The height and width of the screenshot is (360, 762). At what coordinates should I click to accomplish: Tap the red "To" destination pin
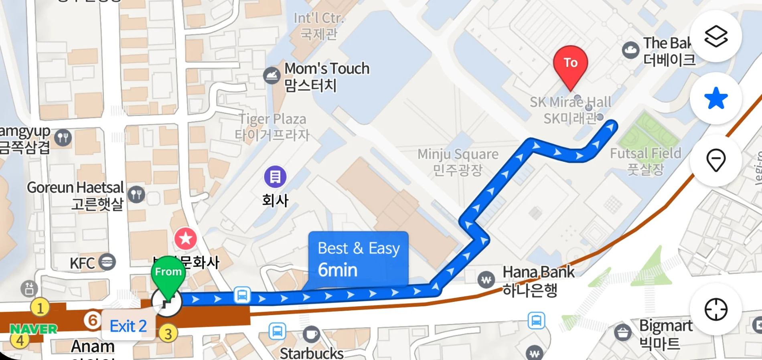(570, 64)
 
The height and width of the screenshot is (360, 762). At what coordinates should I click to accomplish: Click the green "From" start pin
(168, 273)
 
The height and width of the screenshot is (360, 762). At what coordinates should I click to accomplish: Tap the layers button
(716, 36)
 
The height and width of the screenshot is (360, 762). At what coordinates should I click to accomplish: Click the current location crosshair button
(716, 309)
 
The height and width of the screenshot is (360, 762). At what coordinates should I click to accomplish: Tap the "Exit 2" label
(128, 326)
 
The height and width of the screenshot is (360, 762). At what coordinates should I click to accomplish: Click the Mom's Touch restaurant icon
(272, 75)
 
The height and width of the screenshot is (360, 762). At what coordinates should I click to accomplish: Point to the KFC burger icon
(107, 262)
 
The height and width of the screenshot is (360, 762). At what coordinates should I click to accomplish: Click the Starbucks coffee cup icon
(311, 334)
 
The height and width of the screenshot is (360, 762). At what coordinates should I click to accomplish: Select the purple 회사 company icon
(275, 176)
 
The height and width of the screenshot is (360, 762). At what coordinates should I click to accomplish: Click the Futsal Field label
(645, 160)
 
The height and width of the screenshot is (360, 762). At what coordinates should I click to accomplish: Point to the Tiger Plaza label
(272, 127)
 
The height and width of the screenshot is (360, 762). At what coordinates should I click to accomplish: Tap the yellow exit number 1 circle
(40, 308)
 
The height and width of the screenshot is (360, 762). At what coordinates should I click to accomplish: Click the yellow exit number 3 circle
(168, 334)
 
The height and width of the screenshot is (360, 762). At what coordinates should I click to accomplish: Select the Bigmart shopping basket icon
(622, 332)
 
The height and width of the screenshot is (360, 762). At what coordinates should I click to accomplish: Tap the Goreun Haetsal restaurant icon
(136, 195)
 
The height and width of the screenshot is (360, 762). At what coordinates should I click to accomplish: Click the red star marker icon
(185, 239)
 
